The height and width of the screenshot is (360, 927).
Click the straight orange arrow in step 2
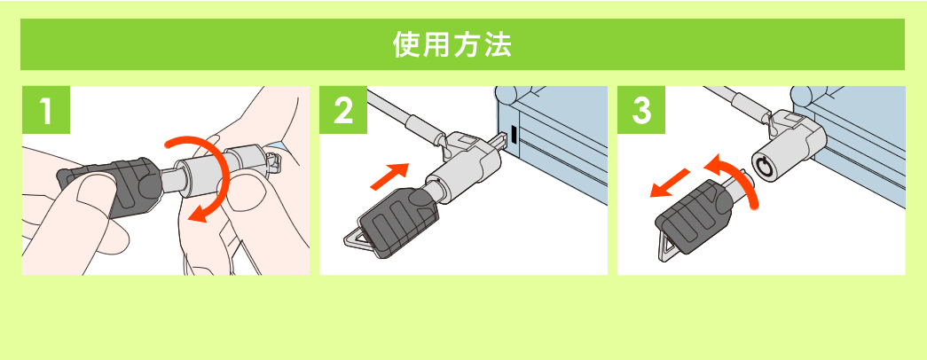(x=389, y=174)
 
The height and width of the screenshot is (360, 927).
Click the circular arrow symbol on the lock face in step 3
(x=762, y=164)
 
